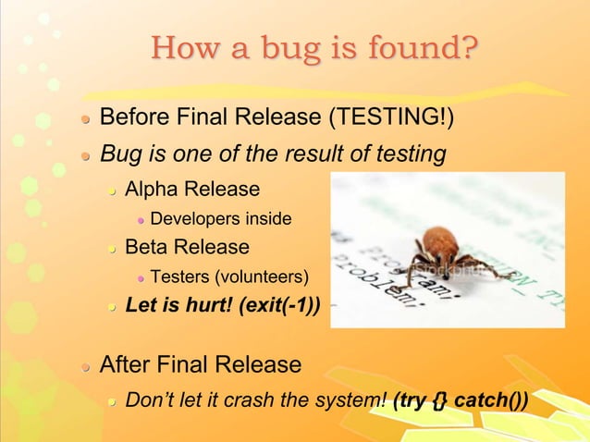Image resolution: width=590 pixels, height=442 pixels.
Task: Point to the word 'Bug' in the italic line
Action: (x=119, y=153)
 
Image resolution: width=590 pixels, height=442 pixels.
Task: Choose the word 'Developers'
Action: (x=191, y=219)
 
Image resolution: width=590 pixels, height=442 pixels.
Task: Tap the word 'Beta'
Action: (x=149, y=247)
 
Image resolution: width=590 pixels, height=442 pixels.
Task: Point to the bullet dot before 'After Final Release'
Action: (x=84, y=365)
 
